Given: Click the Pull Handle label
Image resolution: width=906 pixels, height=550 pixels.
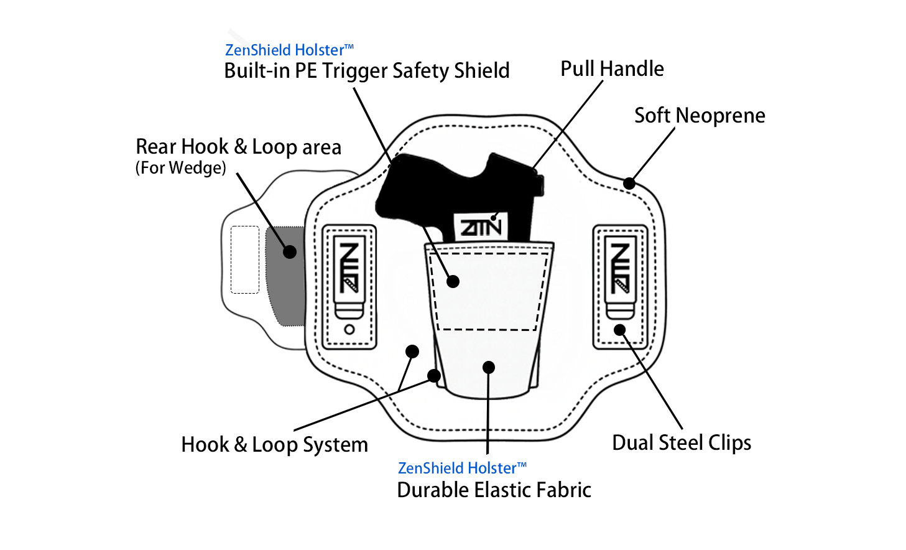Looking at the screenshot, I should pyautogui.click(x=612, y=68).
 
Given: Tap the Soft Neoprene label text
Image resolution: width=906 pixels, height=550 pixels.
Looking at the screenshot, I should pyautogui.click(x=700, y=116).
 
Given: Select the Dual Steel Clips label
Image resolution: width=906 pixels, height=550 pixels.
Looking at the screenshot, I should pyautogui.click(x=682, y=442).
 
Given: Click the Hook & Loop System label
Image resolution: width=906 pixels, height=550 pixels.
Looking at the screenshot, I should pyautogui.click(x=274, y=445).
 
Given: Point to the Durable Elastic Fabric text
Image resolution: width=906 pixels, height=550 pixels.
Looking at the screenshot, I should pyautogui.click(x=494, y=490).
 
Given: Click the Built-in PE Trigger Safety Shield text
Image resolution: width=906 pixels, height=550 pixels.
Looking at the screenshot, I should pyautogui.click(x=366, y=71).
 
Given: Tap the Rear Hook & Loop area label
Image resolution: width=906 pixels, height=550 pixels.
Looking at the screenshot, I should pyautogui.click(x=238, y=147).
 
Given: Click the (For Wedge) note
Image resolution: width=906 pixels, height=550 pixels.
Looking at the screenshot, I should pyautogui.click(x=181, y=168).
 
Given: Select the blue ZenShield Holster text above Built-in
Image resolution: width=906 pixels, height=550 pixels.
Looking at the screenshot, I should pyautogui.click(x=289, y=50).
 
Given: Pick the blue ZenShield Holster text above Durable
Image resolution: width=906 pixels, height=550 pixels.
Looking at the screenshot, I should pyautogui.click(x=461, y=468).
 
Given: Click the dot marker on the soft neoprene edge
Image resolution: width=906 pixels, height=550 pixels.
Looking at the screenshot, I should pyautogui.click(x=629, y=184).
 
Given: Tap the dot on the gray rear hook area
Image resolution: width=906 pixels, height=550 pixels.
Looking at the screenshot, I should pyautogui.click(x=290, y=252).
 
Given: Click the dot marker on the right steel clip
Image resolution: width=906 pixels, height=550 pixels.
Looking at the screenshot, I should pyautogui.click(x=620, y=330).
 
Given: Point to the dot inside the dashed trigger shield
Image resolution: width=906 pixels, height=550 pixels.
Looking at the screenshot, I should pyautogui.click(x=453, y=281).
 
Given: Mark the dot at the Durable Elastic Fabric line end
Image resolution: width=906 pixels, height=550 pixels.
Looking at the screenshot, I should pyautogui.click(x=489, y=367).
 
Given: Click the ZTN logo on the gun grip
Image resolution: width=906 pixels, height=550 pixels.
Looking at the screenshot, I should pyautogui.click(x=481, y=227).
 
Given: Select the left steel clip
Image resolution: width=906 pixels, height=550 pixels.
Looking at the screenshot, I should pyautogui.click(x=349, y=277).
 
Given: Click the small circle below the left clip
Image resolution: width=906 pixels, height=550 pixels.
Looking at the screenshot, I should pyautogui.click(x=349, y=329).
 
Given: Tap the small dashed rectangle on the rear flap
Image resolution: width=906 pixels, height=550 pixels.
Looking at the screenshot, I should pyautogui.click(x=245, y=259).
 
